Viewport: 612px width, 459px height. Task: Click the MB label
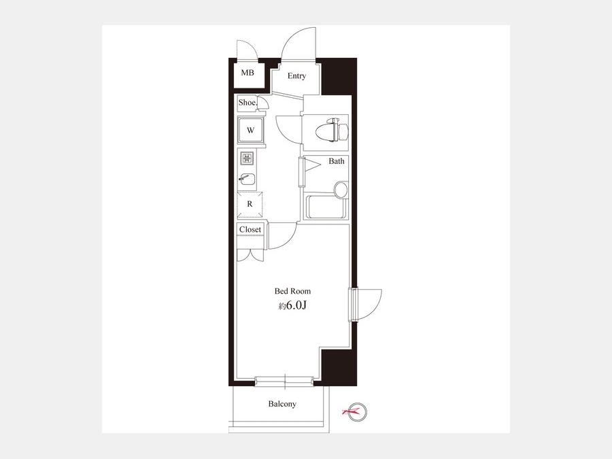point(247,73)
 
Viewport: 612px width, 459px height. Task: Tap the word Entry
point(296,75)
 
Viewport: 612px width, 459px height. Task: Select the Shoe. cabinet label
point(248,103)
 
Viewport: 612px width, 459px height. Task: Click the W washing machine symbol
point(250,131)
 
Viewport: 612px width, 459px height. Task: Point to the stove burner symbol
point(247,158)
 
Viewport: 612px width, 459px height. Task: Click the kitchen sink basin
point(247,179)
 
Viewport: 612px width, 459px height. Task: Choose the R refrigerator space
point(250,204)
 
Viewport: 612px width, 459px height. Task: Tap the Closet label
point(250,230)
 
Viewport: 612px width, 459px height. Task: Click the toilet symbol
point(331,130)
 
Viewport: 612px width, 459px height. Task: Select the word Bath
point(337,160)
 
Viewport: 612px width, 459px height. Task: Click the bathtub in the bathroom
point(327,207)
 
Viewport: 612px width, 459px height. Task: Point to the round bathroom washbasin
point(341,188)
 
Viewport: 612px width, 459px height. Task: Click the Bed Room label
point(292,291)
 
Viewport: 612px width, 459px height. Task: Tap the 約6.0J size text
point(292,305)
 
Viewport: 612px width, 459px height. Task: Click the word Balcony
point(282,404)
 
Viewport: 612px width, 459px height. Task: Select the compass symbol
point(358,411)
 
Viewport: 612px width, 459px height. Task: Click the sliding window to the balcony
point(284,381)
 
